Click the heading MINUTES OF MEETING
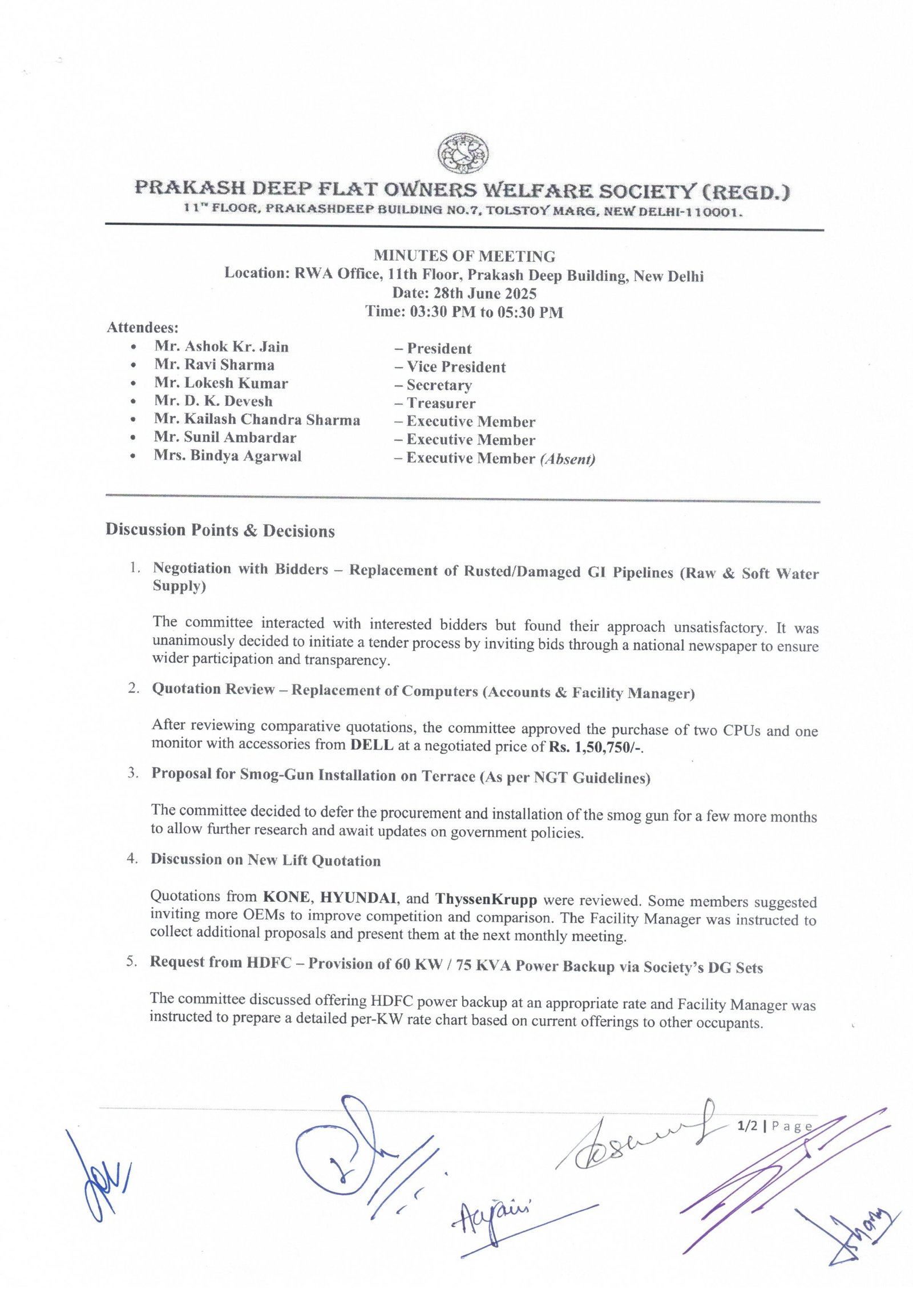[x=464, y=256]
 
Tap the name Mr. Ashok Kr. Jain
[x=221, y=347]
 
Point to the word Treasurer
[x=441, y=403]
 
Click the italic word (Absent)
[x=567, y=459]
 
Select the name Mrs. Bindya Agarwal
[x=228, y=456]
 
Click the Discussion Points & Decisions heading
[x=220, y=531]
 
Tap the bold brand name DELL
[x=371, y=745]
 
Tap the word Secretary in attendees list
[x=439, y=385]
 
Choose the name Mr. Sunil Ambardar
[x=225, y=438]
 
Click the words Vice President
[x=456, y=367]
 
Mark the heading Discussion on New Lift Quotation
[x=265, y=860]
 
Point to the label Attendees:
[x=143, y=328]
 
